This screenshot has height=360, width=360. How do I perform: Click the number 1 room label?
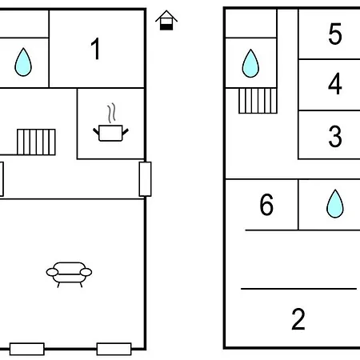[95, 49]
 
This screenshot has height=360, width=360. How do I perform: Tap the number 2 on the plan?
[298, 319]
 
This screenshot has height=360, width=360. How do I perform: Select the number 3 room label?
[335, 136]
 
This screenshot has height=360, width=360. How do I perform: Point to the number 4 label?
[335, 84]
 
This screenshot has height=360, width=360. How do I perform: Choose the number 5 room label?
[335, 34]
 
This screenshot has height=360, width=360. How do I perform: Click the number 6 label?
[266, 205]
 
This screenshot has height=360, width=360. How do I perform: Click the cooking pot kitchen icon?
[110, 133]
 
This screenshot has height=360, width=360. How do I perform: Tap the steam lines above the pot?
[112, 113]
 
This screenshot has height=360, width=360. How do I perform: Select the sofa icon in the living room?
[69, 274]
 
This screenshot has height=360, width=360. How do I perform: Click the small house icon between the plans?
[166, 20]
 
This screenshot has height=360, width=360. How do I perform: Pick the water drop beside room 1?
[23, 62]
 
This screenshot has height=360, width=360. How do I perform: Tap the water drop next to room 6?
[335, 204]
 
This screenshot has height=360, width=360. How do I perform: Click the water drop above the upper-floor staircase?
[250, 63]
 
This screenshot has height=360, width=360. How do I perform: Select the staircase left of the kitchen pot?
[36, 142]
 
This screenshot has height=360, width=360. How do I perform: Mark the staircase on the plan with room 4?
[258, 101]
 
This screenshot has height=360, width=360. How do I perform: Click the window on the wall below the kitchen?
[145, 179]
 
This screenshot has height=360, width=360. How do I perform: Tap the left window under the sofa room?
[27, 349]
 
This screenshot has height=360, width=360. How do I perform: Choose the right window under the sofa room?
[114, 349]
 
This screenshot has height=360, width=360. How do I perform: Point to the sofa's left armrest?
[52, 272]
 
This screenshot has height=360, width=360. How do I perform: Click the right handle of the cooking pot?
[126, 132]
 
